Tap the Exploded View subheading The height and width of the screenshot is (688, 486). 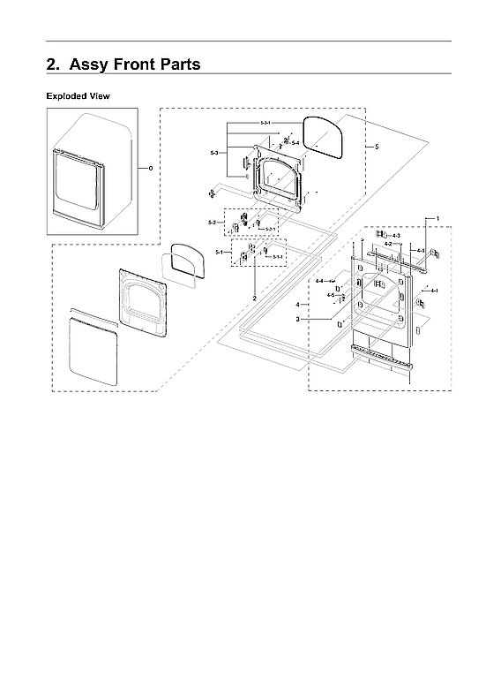79,95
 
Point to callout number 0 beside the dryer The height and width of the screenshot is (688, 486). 150,167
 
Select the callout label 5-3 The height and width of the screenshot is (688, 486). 214,154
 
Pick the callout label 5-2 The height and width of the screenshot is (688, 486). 213,222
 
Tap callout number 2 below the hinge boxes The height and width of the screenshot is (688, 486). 254,299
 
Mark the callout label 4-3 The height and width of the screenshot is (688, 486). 396,236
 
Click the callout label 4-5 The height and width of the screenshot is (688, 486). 330,294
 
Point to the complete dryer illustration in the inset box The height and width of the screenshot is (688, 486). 92,171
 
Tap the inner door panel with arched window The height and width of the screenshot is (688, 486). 143,301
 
